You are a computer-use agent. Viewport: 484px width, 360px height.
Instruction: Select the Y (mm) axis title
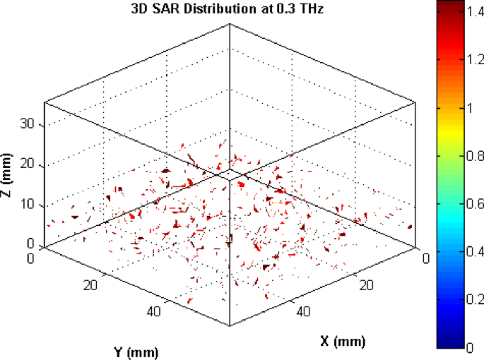136,351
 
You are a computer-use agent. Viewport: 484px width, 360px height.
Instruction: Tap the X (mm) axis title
343,341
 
